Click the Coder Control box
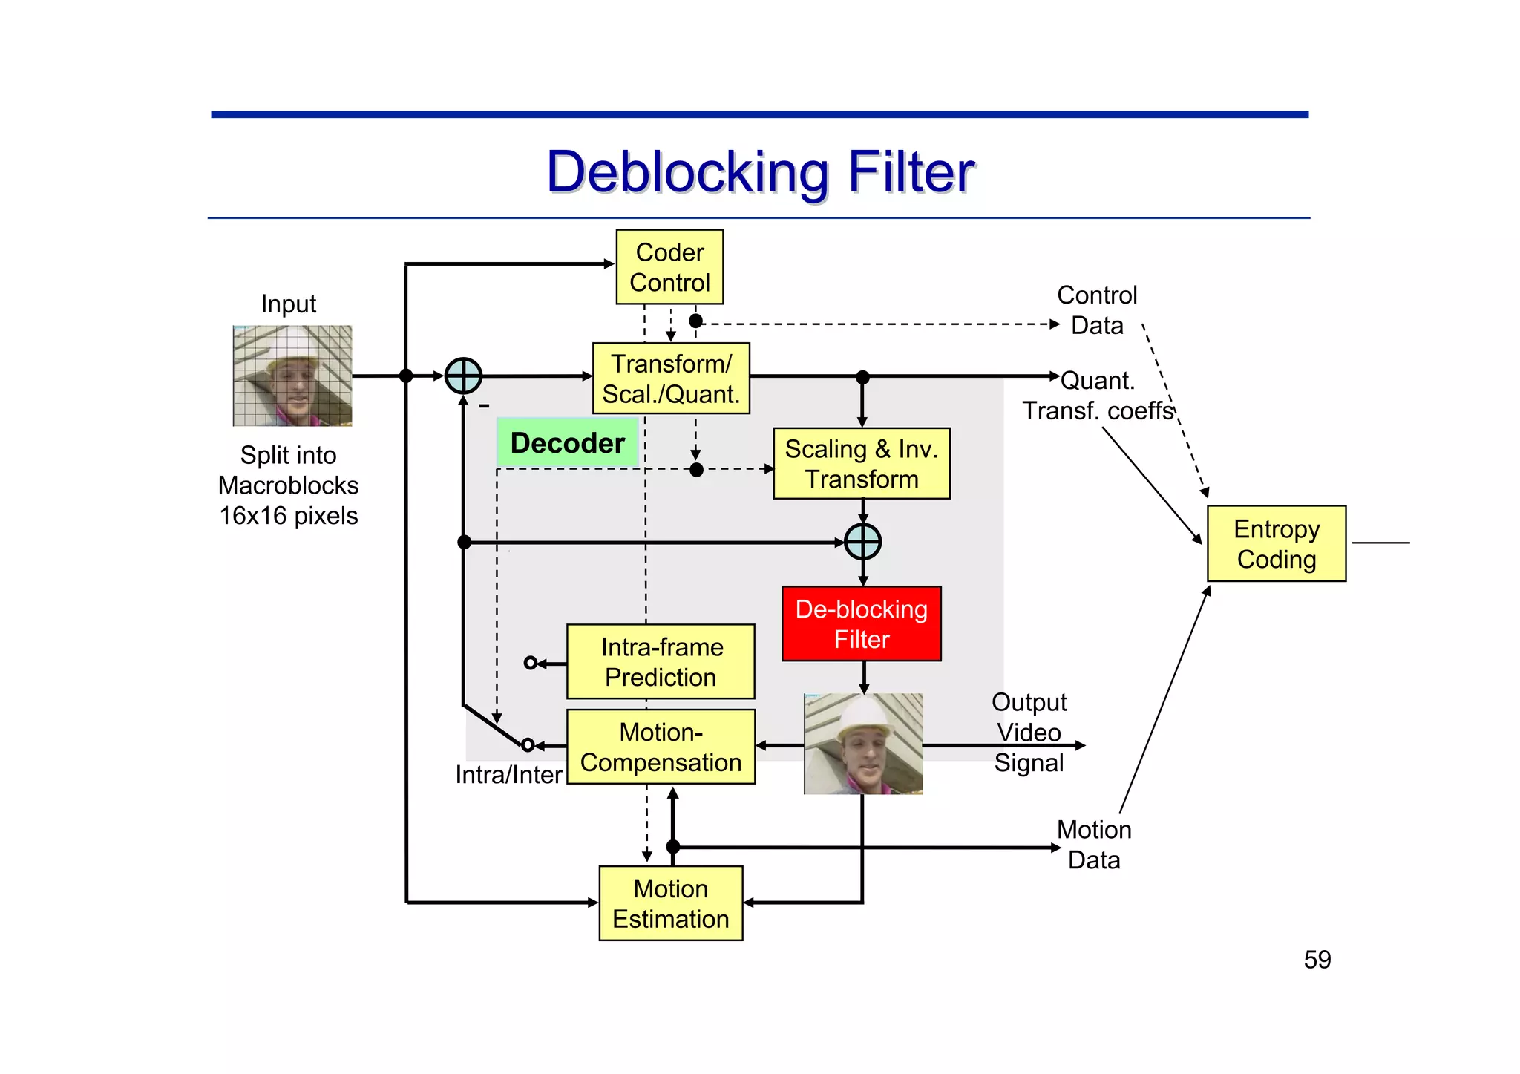669,267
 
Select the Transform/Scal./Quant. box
671,379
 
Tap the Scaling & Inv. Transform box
861,464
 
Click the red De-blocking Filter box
861,624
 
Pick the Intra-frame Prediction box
661,662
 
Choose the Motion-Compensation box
661,747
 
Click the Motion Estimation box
670,903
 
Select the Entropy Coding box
1276,544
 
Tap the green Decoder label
568,443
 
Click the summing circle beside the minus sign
463,376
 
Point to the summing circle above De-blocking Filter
862,542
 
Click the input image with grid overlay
292,376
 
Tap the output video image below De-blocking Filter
863,744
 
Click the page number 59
1317,960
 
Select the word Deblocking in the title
687,172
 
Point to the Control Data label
1096,310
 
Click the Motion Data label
1094,845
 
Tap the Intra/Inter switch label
508,775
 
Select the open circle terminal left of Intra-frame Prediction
530,663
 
